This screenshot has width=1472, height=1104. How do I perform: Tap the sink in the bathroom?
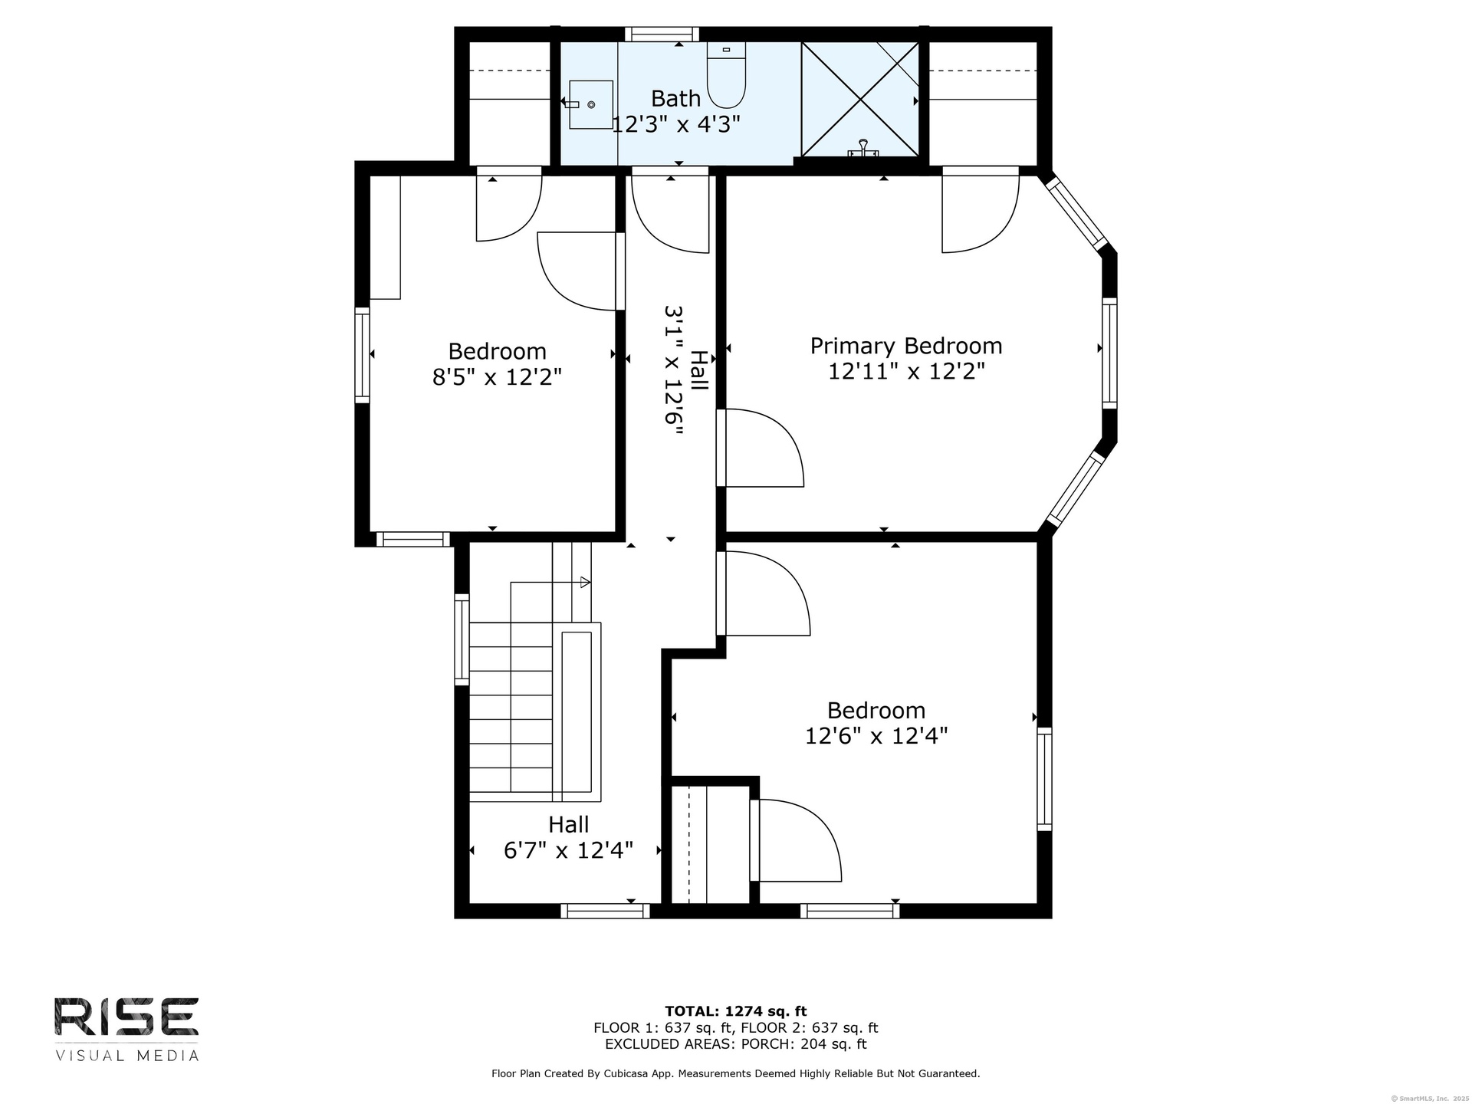[590, 104]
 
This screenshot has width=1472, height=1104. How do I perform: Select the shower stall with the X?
[859, 100]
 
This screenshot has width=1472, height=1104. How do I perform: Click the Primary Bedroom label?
[906, 346]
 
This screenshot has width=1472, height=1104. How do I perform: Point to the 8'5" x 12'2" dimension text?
[498, 377]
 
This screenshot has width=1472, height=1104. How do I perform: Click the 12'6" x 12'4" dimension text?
[876, 736]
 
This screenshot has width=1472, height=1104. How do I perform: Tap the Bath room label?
[675, 98]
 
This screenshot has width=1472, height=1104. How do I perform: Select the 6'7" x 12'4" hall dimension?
[568, 850]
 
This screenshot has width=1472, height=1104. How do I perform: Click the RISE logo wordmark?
[127, 1017]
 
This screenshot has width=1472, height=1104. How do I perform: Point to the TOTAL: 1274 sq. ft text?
[735, 1011]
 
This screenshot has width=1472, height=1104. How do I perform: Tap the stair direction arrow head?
[586, 582]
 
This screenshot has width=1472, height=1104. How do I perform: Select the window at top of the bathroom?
[662, 34]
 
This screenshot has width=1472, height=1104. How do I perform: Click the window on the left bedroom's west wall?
[362, 355]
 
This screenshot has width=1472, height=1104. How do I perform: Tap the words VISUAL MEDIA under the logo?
[127, 1056]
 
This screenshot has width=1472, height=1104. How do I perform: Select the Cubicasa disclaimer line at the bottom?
[736, 1074]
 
